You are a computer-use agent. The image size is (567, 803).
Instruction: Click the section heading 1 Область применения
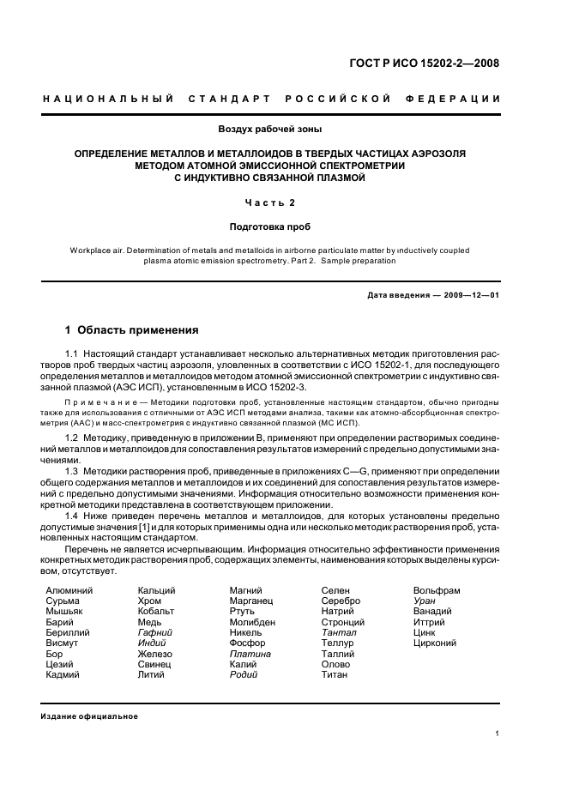(132, 330)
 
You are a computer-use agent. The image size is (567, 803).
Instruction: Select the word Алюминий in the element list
(69, 591)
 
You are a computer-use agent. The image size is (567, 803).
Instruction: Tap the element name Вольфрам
(437, 591)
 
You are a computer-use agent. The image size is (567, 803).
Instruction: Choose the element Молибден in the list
(252, 622)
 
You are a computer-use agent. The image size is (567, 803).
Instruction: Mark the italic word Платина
(250, 654)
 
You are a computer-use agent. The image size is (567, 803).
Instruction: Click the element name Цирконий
(435, 643)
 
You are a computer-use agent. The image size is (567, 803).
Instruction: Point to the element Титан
(334, 675)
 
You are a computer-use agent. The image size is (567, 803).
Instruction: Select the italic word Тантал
(338, 633)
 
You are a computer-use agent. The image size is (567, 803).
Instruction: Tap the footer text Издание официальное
(89, 716)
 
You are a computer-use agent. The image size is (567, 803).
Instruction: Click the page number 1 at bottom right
(498, 734)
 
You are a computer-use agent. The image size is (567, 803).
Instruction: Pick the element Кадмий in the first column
(63, 675)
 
